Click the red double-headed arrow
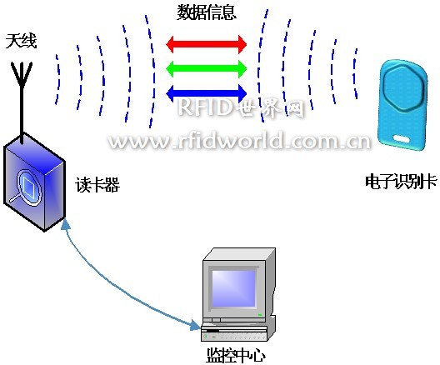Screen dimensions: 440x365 tap(207, 44)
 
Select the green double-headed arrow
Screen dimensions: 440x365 tap(207, 68)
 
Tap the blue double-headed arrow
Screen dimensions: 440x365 tap(207, 93)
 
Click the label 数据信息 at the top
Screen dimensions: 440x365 tap(207, 12)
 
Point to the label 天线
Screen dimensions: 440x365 tap(22, 41)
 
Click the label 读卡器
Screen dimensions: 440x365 tap(97, 185)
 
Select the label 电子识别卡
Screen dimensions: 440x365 tap(401, 181)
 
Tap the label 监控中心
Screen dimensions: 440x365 tap(236, 355)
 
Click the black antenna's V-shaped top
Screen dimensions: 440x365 tap(22, 73)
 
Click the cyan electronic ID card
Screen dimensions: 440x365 tap(403, 105)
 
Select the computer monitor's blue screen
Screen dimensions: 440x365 tap(233, 288)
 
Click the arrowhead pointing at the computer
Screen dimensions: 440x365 tap(196, 326)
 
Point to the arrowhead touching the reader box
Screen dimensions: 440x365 tap(66, 224)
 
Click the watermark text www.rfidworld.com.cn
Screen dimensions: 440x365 tap(239, 140)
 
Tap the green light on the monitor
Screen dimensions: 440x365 tap(260, 315)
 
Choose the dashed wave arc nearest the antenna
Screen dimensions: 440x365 tap(57, 79)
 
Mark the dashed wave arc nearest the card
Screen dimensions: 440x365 tap(355, 73)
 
